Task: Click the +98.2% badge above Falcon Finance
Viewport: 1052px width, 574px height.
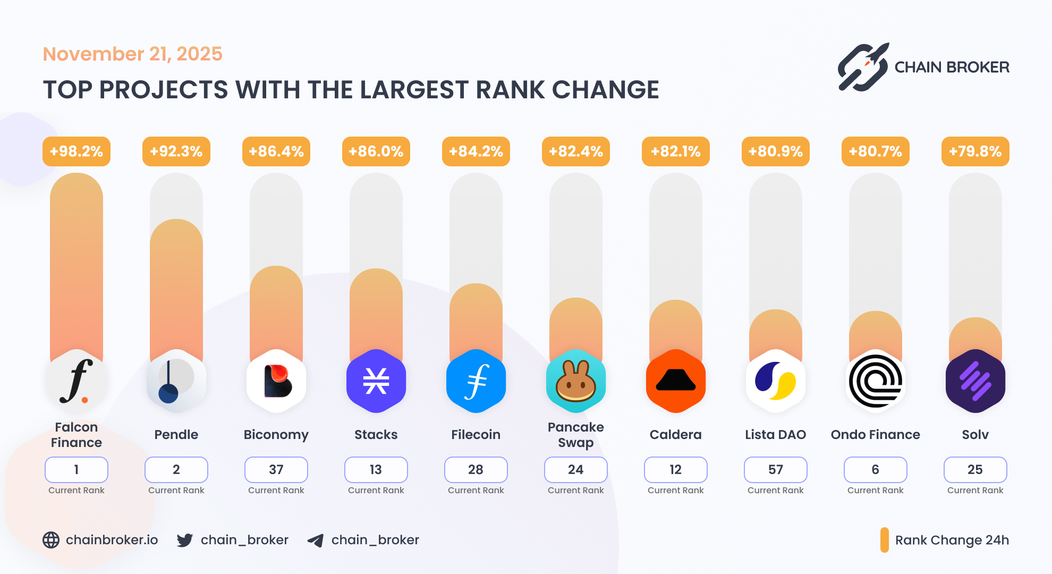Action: tap(77, 151)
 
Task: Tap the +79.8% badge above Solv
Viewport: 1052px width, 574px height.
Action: tap(975, 151)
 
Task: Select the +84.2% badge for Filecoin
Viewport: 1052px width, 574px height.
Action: tap(476, 151)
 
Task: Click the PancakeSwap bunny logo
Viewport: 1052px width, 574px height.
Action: tap(575, 381)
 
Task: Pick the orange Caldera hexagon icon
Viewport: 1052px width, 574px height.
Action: tap(675, 381)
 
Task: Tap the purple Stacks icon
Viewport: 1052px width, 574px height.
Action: tap(376, 381)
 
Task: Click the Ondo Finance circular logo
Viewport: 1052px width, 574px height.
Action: tap(875, 381)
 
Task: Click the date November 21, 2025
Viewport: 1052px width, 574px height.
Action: tap(132, 54)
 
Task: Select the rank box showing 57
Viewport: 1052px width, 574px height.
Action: tap(775, 469)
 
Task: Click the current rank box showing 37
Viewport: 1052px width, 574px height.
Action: tap(276, 469)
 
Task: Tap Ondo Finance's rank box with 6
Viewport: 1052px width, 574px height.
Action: tap(875, 469)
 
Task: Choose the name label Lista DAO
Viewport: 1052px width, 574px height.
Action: tap(775, 434)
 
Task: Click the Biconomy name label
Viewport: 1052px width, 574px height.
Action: tap(276, 434)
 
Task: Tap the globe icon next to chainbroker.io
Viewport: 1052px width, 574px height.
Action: tap(51, 540)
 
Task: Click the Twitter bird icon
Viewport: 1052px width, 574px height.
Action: tap(185, 540)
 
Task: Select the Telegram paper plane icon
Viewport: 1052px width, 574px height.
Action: tap(316, 541)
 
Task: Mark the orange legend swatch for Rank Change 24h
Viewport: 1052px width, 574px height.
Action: tap(884, 540)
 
